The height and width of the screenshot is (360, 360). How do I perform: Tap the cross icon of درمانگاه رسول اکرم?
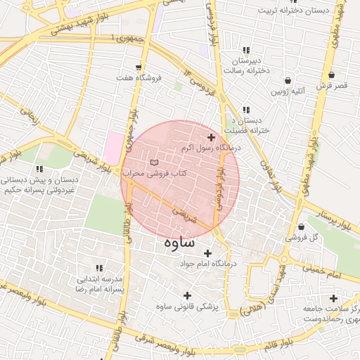point(211,137)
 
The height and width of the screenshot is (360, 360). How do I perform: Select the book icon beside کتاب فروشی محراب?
point(155,162)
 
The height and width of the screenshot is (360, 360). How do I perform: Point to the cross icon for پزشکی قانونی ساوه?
point(187,295)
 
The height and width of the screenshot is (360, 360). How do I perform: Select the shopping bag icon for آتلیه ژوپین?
point(288,80)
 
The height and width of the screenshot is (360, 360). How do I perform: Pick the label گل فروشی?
point(301,238)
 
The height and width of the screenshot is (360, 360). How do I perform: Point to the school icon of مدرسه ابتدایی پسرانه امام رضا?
point(99,268)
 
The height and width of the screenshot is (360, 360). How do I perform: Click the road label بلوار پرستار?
point(331,214)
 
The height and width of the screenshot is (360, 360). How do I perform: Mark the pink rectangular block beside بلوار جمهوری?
point(112,148)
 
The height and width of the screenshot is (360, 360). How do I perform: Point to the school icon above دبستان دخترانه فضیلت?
point(246,110)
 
